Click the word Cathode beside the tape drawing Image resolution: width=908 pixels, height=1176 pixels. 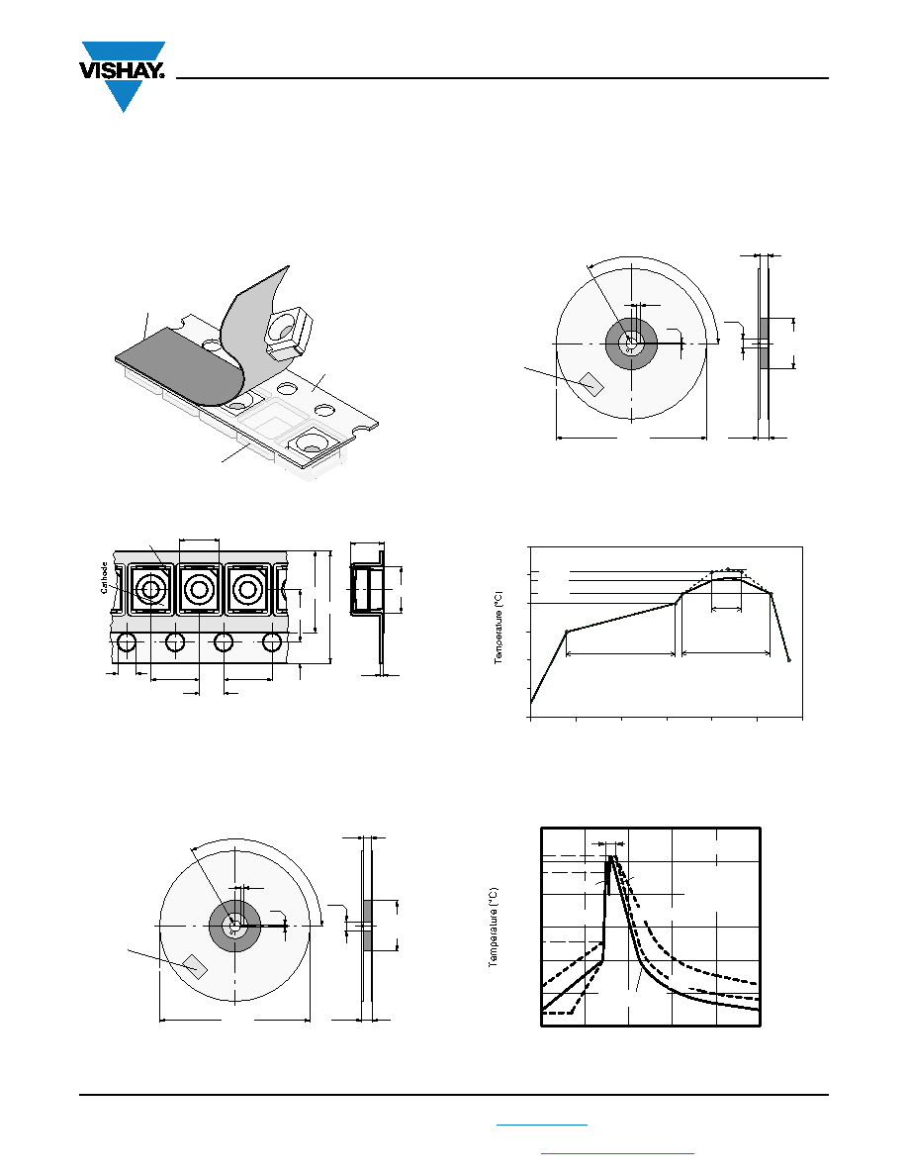tap(104, 577)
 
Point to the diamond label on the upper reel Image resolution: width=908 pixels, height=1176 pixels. tap(592, 383)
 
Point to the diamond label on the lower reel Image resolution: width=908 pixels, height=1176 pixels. tap(196, 966)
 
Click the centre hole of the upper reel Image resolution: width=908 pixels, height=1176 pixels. tap(631, 343)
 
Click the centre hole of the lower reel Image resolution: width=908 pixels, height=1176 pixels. tap(234, 927)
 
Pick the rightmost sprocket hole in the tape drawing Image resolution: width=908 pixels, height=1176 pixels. tap(272, 642)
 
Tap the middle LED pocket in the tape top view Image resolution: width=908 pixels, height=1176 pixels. tap(199, 590)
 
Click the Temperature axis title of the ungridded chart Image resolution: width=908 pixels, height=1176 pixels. tap(499, 629)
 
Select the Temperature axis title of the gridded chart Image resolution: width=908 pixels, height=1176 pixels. tap(493, 928)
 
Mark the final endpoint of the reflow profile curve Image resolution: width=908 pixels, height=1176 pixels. tap(789, 660)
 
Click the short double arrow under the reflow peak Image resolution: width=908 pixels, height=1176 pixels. tap(726, 609)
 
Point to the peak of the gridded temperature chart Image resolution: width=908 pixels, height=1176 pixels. tap(612, 855)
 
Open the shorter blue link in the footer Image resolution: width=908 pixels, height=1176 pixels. tap(542, 1125)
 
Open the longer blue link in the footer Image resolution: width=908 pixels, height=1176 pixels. tap(617, 1153)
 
